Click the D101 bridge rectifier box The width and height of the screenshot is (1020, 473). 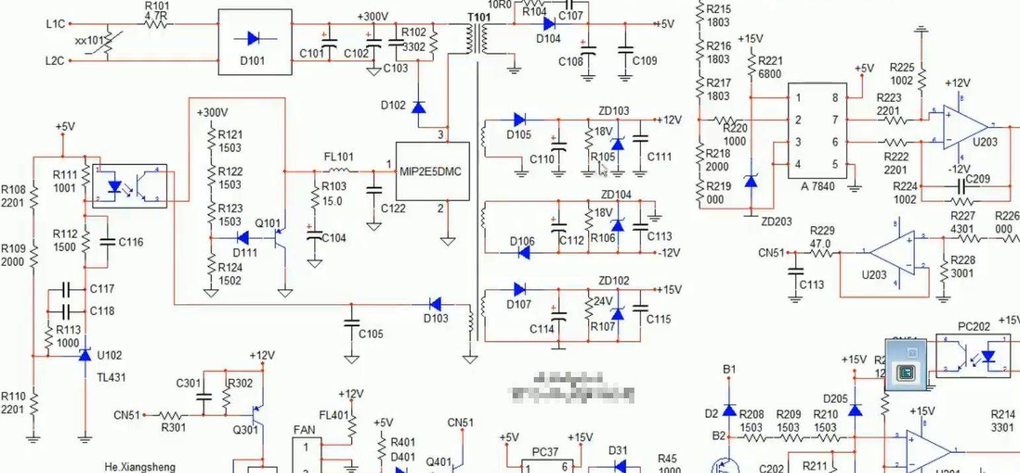tap(255, 42)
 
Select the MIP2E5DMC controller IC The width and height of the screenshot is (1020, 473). tap(433, 171)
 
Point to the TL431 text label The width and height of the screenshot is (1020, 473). tap(111, 378)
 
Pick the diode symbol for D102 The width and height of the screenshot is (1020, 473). tap(418, 106)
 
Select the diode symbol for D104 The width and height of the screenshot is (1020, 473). tap(548, 24)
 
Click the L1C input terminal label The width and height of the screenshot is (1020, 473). tap(56, 24)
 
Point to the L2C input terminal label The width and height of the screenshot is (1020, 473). tap(56, 61)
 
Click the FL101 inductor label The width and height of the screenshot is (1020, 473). tap(338, 157)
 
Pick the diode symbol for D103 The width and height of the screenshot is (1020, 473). tap(435, 304)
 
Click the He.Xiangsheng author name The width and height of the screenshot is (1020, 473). tap(140, 467)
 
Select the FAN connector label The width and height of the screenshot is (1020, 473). tap(305, 430)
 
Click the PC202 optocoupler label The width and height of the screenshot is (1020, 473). tap(974, 326)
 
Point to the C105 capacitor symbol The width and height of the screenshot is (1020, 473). tap(351, 323)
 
